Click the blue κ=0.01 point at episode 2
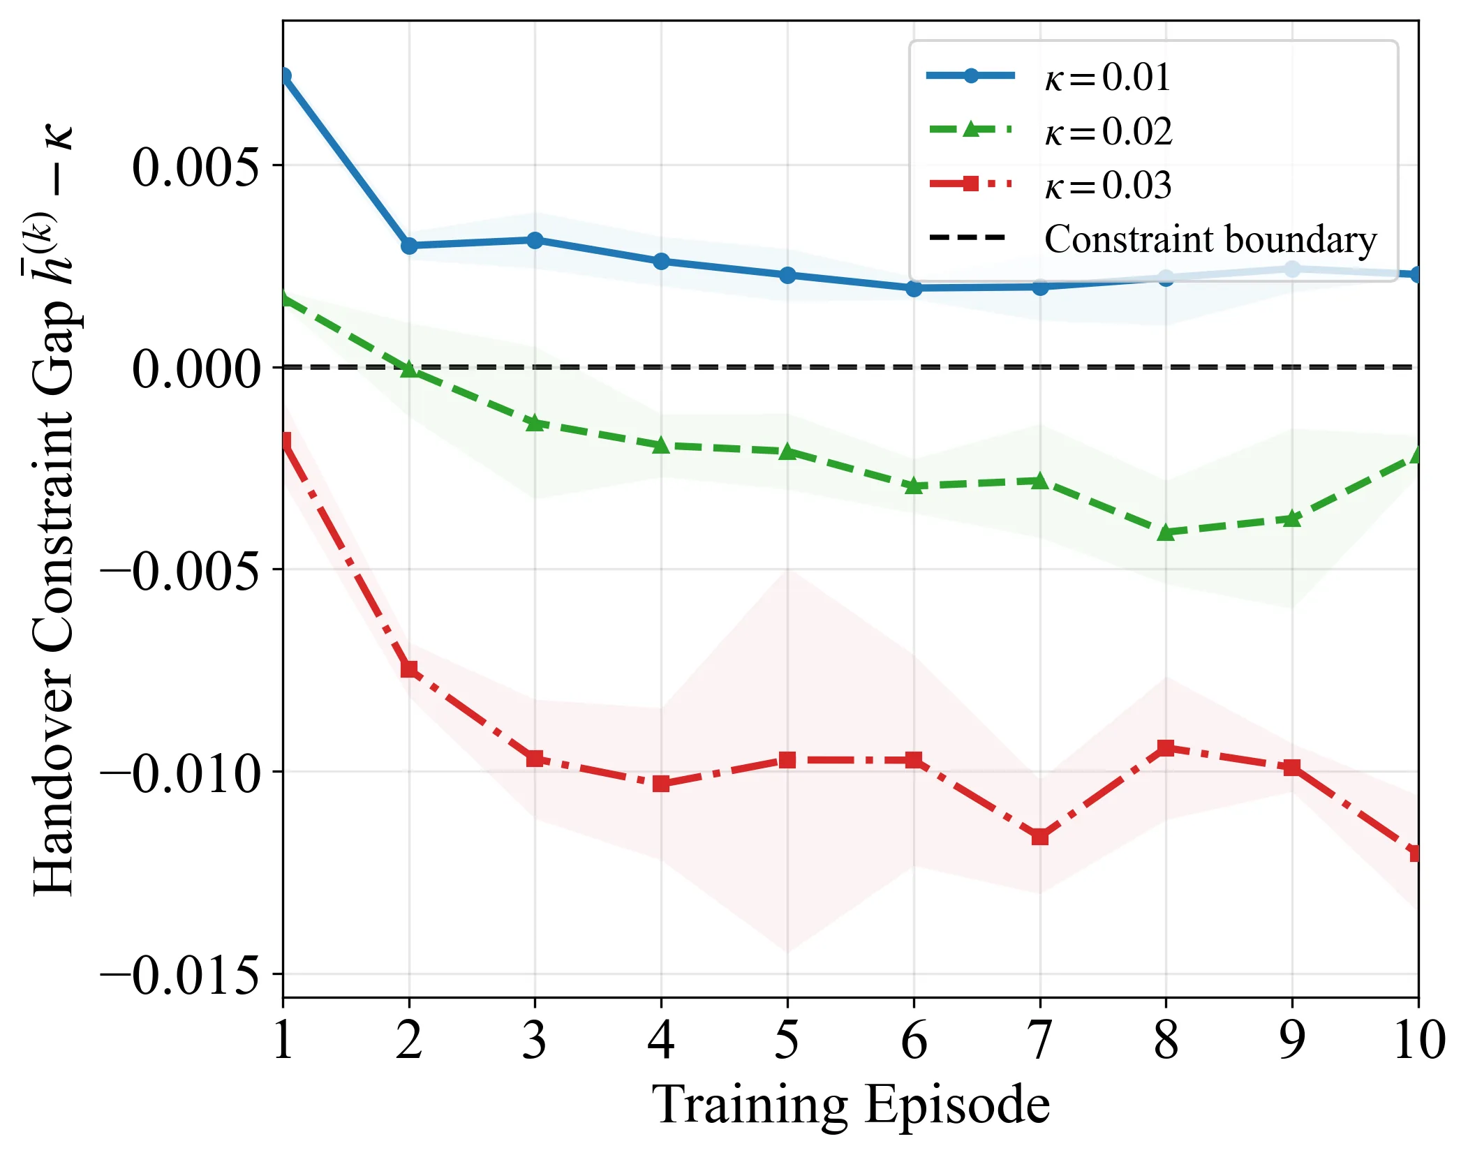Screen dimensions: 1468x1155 click(409, 246)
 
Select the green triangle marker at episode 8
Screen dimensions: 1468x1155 click(1166, 532)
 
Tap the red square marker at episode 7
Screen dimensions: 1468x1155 click(1040, 836)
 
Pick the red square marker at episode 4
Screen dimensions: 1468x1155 click(661, 784)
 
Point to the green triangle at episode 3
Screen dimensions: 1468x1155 click(535, 422)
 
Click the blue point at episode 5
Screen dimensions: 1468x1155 click(787, 275)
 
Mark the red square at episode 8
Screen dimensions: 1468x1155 click(1166, 748)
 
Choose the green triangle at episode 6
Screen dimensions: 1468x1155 click(914, 486)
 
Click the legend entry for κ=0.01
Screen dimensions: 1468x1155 click(1107, 77)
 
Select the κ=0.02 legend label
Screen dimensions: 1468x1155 click(1109, 131)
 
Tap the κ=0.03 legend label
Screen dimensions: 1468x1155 click(1109, 186)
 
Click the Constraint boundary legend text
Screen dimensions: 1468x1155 click(1210, 239)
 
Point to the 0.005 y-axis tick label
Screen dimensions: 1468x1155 click(195, 167)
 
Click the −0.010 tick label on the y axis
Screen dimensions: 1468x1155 click(179, 773)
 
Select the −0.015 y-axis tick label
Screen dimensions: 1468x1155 click(179, 976)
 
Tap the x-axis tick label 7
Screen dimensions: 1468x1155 click(1040, 1039)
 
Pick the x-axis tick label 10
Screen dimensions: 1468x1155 click(1418, 1039)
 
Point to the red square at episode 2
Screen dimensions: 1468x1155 click(409, 669)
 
